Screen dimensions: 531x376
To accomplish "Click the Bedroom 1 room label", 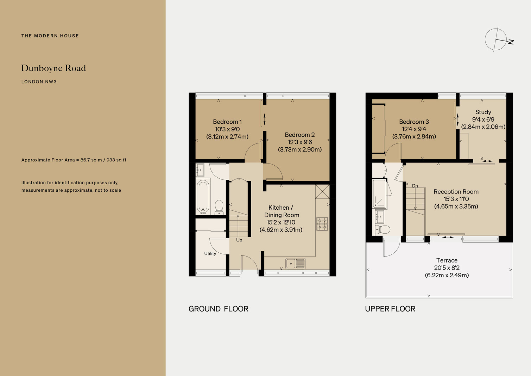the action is click(227, 122).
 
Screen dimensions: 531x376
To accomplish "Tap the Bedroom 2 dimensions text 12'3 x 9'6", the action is click(300, 142).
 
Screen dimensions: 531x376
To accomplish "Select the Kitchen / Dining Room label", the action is click(282, 211).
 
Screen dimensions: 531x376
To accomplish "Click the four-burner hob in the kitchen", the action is click(322, 224).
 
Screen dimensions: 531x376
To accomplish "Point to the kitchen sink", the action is click(295, 264).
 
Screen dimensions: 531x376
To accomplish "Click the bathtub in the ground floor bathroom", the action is click(203, 197).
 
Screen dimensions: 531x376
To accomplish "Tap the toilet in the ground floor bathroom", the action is click(219, 207).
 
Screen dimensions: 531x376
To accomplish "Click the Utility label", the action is click(210, 253).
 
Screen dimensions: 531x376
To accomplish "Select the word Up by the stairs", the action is click(239, 240).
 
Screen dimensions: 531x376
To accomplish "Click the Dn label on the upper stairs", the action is click(415, 186).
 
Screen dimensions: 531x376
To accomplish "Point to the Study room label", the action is click(483, 112).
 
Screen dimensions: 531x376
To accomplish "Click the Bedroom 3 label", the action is click(414, 122).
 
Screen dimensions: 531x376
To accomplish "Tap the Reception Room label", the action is click(456, 192).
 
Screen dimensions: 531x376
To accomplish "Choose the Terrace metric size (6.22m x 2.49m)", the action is click(447, 275).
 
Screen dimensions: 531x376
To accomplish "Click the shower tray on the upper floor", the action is click(379, 194).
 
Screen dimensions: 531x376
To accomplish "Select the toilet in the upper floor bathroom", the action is click(383, 229).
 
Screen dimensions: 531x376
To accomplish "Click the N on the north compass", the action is click(511, 42).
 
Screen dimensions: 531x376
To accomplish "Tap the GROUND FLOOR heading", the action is click(218, 309).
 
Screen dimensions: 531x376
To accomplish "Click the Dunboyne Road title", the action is click(53, 68).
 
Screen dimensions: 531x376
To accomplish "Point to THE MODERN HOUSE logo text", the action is click(50, 36).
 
